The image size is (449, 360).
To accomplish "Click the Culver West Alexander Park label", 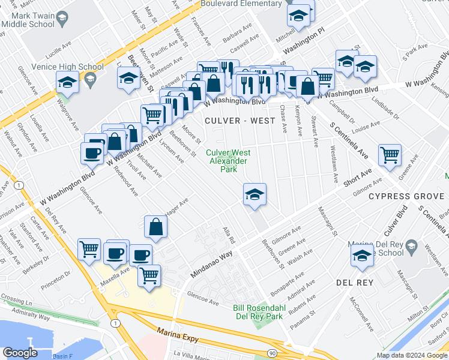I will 229,161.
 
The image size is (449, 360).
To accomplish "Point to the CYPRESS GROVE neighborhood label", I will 406,196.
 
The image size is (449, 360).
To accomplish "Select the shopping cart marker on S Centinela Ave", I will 390,155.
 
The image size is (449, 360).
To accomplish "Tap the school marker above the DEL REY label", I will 362,255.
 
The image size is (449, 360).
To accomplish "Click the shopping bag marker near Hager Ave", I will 155,227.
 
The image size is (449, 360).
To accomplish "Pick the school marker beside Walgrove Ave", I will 68,82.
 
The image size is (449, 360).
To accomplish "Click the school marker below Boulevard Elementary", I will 298,16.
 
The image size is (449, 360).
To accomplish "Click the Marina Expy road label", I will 178,335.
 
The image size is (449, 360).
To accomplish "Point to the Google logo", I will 20,353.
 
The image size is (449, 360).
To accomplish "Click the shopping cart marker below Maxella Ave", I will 149,275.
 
